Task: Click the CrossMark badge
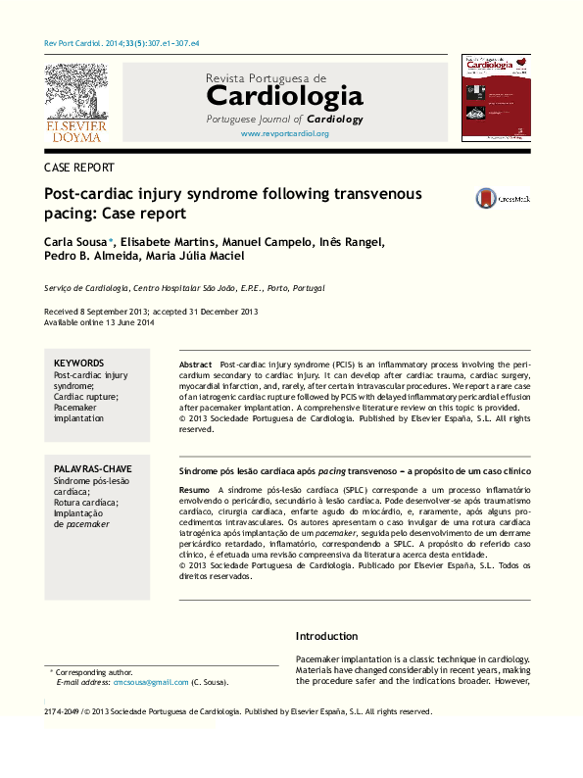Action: pos(502,197)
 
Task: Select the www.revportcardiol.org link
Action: pos(284,133)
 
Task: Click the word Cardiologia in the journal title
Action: pos(284,96)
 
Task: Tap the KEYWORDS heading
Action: pos(78,363)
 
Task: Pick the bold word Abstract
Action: pos(196,364)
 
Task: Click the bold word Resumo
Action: pos(194,488)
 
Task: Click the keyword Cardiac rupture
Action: pos(85,396)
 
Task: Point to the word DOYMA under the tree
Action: pos(75,137)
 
